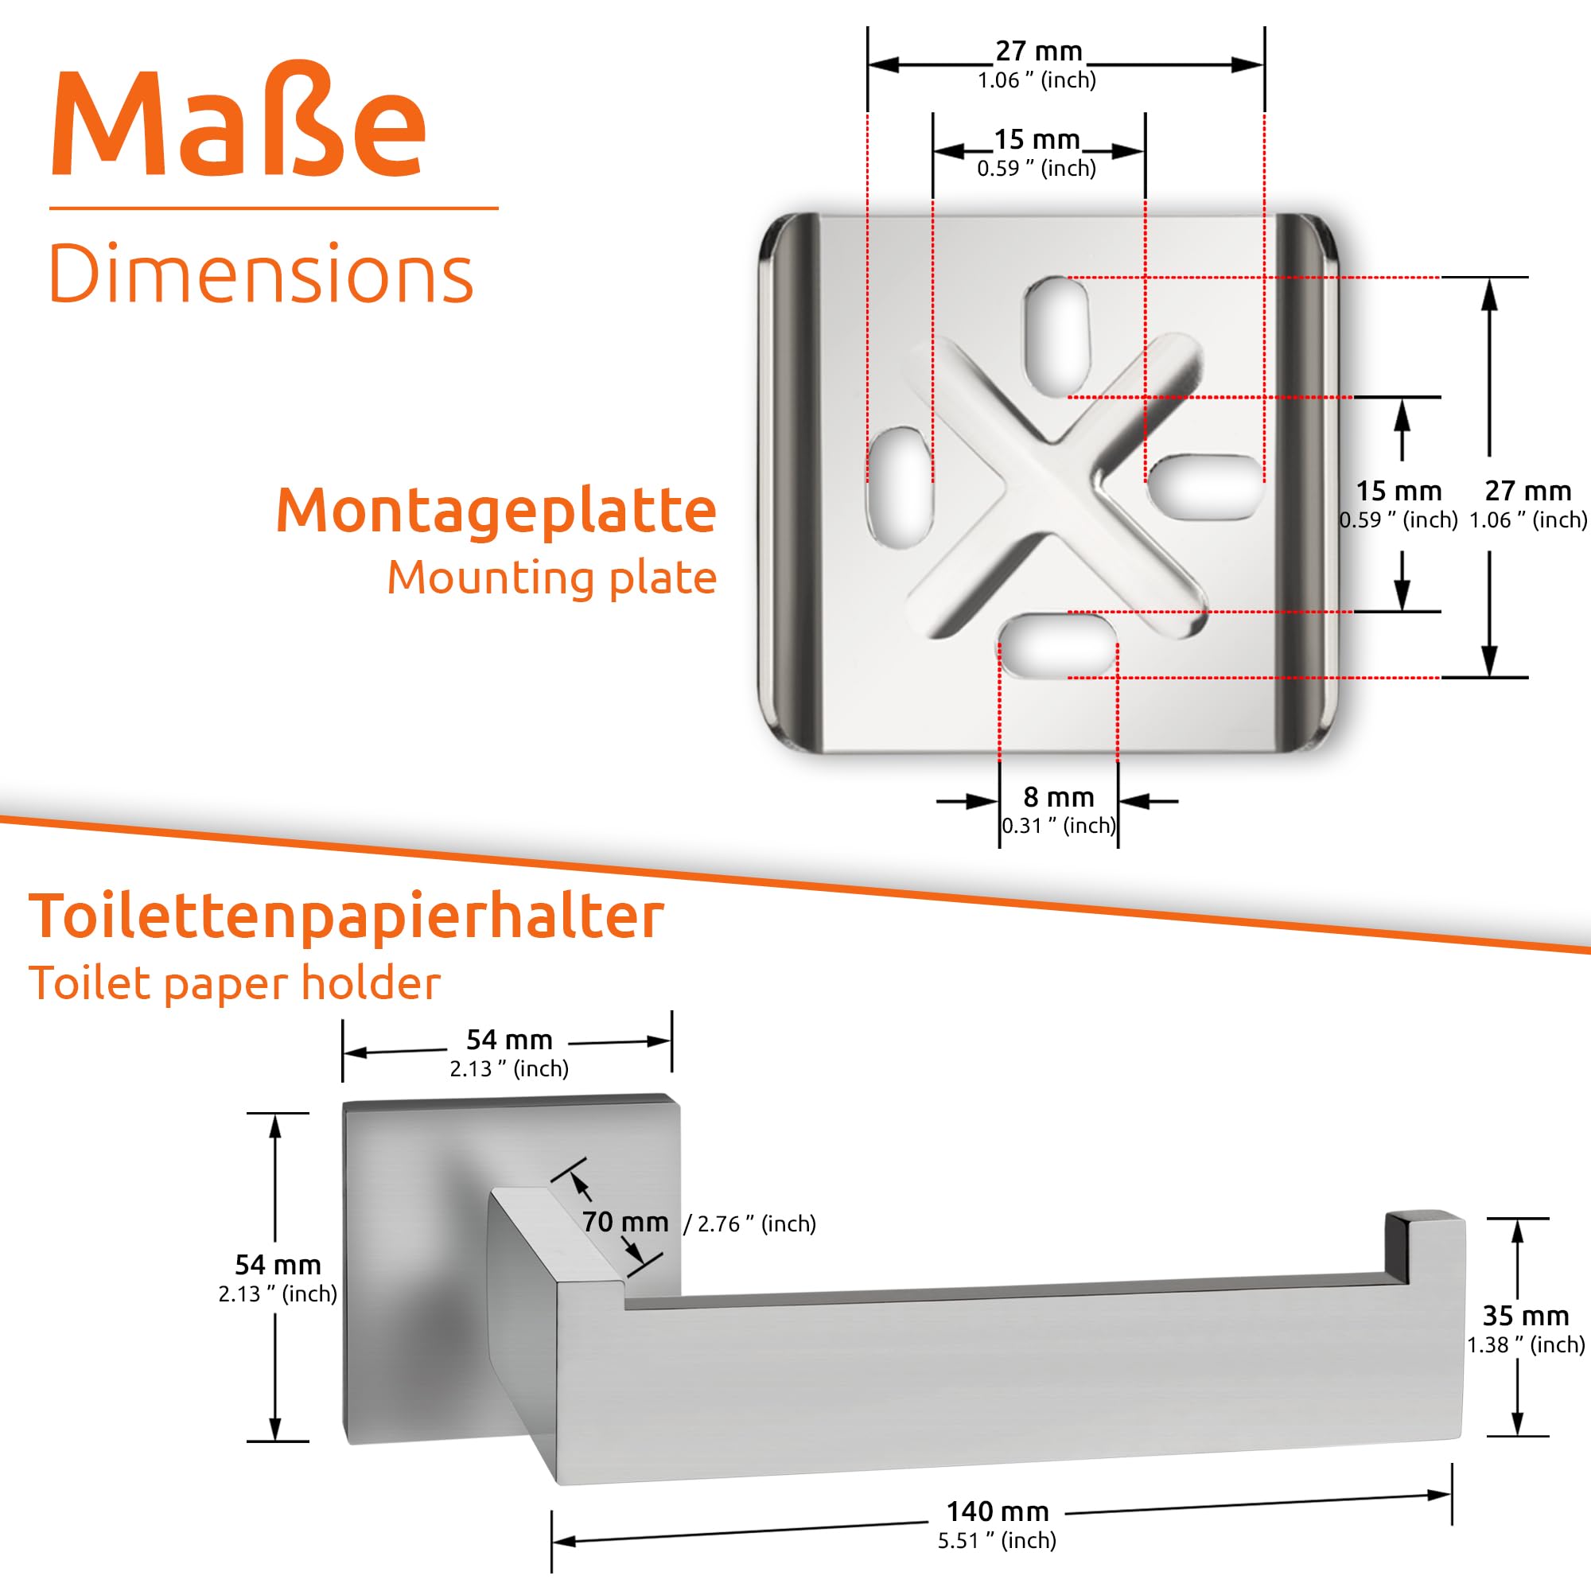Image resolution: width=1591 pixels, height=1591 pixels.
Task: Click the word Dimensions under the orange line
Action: [x=261, y=274]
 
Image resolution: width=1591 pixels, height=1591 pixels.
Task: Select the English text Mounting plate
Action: [x=552, y=578]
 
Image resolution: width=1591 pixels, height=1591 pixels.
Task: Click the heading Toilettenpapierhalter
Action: [x=346, y=916]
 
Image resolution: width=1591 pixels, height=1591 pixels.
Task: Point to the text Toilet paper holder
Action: [x=235, y=983]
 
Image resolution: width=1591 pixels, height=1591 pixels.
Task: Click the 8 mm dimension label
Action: [x=1058, y=797]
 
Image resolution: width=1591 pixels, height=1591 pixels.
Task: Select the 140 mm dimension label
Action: [x=998, y=1511]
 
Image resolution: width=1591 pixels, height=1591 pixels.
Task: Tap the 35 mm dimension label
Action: [x=1525, y=1315]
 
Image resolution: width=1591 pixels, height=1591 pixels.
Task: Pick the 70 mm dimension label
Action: [x=625, y=1221]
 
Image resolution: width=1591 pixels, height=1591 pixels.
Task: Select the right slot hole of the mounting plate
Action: [x=1206, y=488]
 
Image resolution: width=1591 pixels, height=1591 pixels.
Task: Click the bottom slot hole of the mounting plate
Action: [x=1058, y=646]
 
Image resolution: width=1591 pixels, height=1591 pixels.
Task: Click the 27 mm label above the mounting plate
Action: [x=1038, y=51]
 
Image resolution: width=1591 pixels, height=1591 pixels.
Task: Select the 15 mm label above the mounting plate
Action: [x=1037, y=140]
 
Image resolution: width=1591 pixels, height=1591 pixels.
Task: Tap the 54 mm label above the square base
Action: [x=509, y=1039]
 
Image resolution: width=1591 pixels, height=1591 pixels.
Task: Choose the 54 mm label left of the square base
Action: [x=278, y=1264]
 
